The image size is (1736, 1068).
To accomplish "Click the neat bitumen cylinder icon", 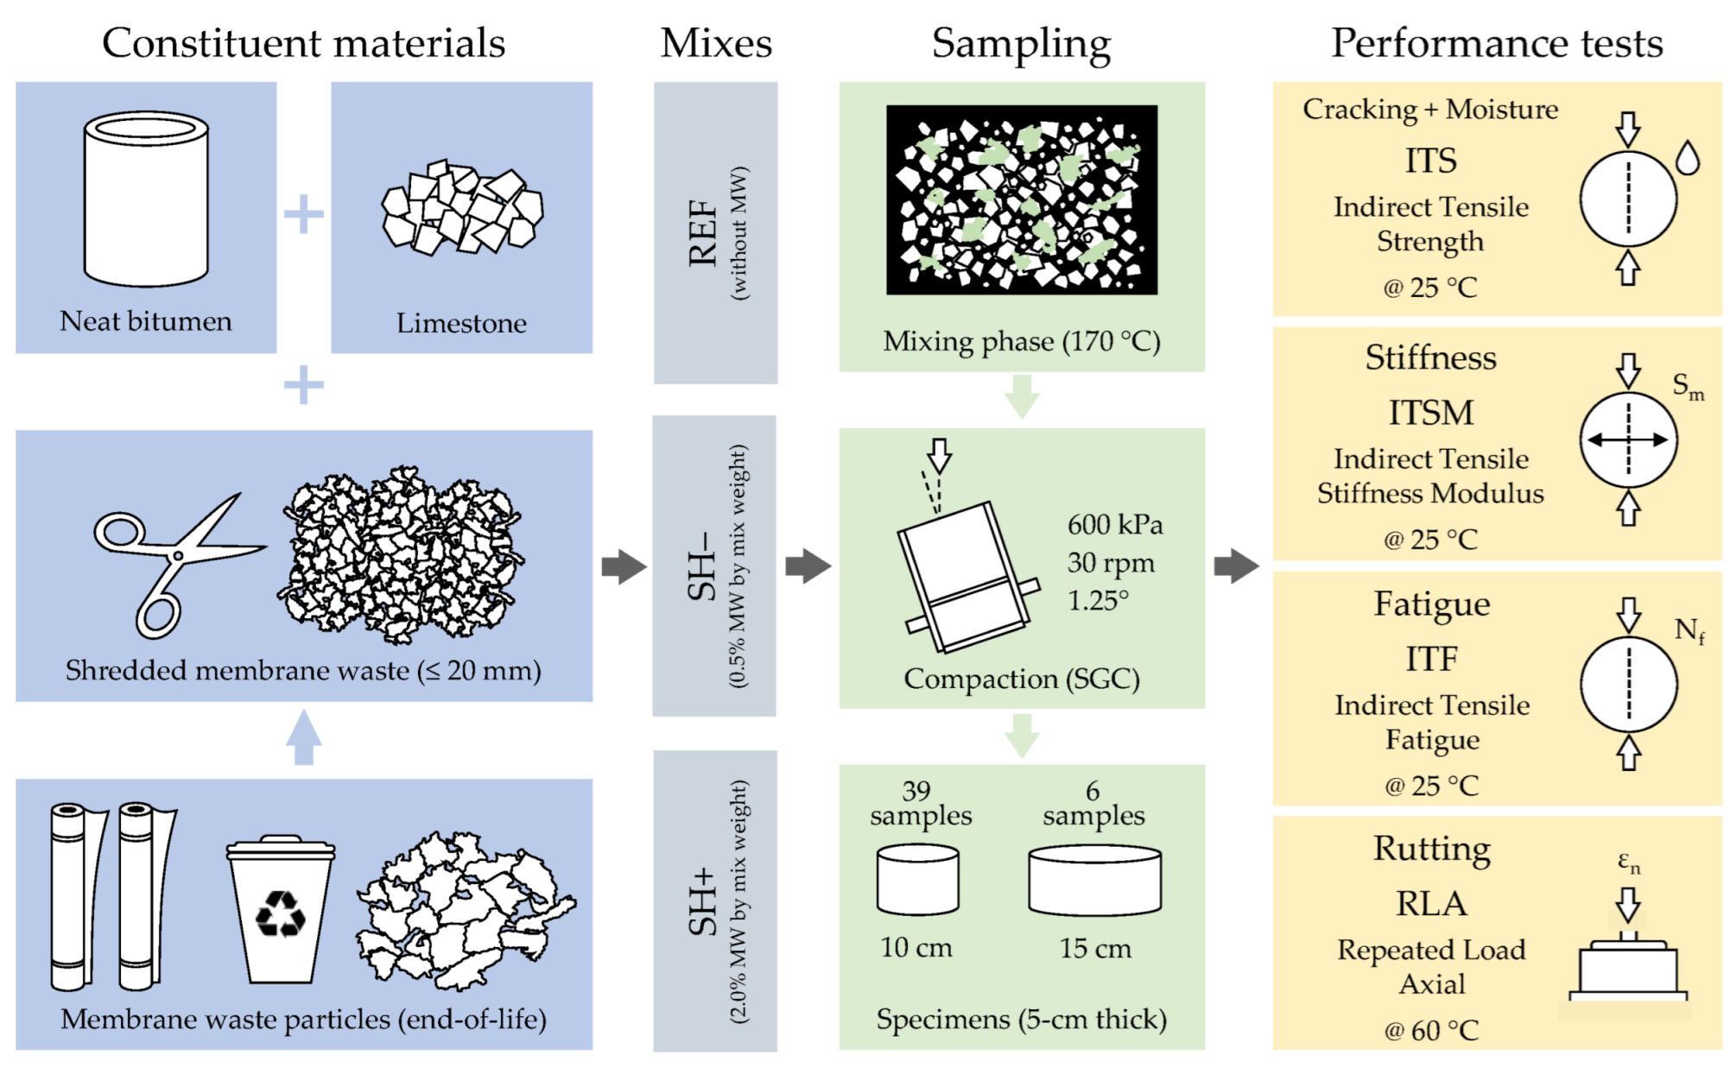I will click(146, 199).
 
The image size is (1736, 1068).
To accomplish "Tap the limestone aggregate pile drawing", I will click(462, 207).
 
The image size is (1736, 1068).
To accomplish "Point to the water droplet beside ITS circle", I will click(1688, 159).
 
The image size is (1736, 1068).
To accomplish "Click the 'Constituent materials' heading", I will click(303, 43).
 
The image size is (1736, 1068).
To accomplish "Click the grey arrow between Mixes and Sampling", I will click(808, 566).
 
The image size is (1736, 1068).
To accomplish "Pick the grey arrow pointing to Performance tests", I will click(1236, 566).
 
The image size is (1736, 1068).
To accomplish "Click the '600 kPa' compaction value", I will click(1115, 524).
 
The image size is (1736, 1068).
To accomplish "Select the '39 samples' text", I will click(920, 804).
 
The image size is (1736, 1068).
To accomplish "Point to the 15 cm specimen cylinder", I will click(1094, 881).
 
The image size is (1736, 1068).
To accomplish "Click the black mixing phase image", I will click(1022, 200).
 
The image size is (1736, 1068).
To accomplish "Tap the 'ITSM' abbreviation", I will click(1431, 413).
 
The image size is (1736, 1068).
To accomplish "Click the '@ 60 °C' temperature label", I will click(1431, 1030).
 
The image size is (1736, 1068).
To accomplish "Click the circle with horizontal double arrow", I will click(1628, 440).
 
